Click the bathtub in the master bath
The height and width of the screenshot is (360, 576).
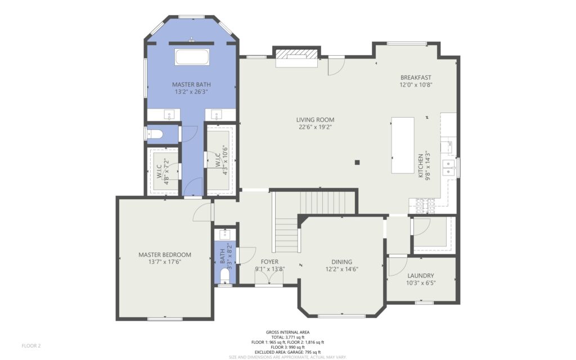[192, 57]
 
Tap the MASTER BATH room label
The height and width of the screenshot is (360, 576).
[191, 84]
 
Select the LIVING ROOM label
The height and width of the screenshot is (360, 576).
[315, 120]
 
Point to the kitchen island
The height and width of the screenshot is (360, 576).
[403, 145]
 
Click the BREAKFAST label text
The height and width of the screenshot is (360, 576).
[416, 78]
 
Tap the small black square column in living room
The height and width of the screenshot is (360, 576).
[357, 163]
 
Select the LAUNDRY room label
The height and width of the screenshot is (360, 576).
[421, 276]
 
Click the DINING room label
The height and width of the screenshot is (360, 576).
[341, 262]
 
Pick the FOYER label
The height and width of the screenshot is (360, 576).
[269, 262]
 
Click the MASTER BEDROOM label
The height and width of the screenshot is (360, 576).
[165, 255]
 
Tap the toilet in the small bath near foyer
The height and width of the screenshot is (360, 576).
[224, 276]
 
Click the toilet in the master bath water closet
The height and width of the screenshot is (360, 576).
[154, 134]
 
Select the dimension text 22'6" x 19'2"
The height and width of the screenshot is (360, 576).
[315, 128]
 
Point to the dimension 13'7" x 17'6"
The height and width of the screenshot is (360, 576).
[165, 262]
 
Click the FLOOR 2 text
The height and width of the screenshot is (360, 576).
[31, 346]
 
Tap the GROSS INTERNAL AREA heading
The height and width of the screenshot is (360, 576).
[287, 332]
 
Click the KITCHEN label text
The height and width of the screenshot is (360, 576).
[421, 166]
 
